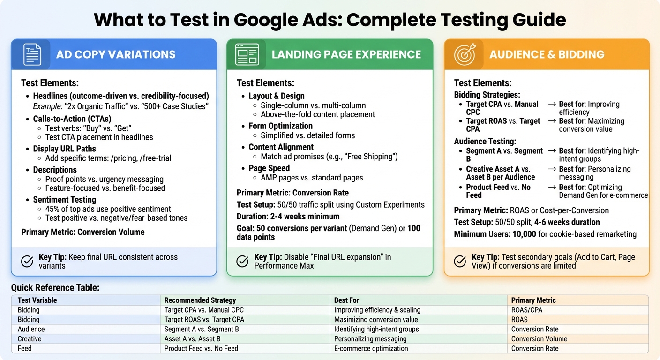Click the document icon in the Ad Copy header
pos(32,54)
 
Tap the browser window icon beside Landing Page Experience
pos(247,54)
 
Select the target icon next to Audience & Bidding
pos(465,54)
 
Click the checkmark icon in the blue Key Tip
pos(28,261)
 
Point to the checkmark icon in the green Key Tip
pos(242,261)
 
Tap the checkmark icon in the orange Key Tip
pos(460,261)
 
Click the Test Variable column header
pos(37,300)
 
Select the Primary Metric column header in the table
pos(533,300)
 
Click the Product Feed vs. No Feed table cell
pos(201,349)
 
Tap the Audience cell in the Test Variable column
pos(31,329)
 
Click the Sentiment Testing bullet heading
pos(64,200)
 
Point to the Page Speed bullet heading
pos(269,168)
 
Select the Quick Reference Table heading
pos(55,288)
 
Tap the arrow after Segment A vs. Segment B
pos(552,151)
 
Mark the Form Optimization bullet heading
pos(280,126)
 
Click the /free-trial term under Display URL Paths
pos(156,158)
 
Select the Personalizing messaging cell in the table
pos(370,339)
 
